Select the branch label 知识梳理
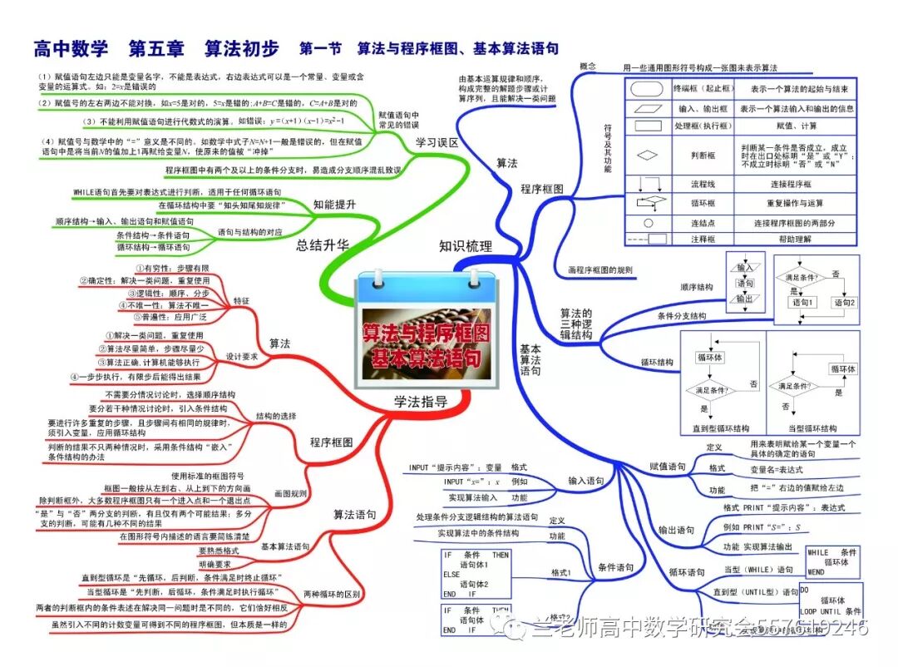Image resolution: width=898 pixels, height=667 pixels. pyautogui.click(x=466, y=246)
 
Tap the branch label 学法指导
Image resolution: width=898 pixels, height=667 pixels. pyautogui.click(x=421, y=402)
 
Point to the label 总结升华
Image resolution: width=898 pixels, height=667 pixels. pyautogui.click(x=323, y=245)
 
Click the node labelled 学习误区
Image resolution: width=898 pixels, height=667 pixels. pyautogui.click(x=437, y=143)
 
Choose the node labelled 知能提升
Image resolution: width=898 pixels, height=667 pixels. pyautogui.click(x=335, y=204)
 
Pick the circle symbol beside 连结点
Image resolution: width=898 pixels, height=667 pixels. pyautogui.click(x=648, y=223)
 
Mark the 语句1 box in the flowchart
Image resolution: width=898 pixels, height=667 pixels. pyautogui.click(x=802, y=303)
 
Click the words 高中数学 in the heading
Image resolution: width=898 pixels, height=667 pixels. pyautogui.click(x=71, y=48)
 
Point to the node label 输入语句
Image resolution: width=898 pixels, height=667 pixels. pyautogui.click(x=586, y=481)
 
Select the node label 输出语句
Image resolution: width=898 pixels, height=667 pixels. pyautogui.click(x=676, y=530)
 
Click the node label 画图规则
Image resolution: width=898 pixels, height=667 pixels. pyautogui.click(x=290, y=493)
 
